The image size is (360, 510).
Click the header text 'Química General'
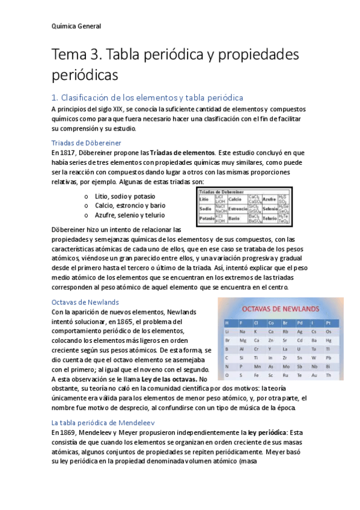[76, 26]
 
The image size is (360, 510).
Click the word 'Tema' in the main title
[70, 55]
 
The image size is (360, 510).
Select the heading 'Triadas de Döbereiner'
[87, 143]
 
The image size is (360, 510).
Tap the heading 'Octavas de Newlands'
[85, 302]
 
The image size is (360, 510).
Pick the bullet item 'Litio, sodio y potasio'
[124, 196]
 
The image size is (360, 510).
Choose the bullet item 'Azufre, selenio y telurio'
[129, 215]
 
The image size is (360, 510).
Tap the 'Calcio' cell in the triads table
[235, 198]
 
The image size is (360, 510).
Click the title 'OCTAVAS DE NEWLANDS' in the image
[279, 309]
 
